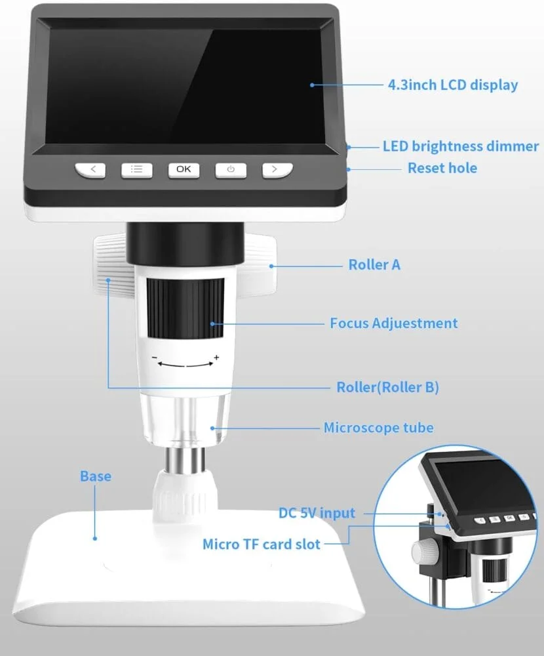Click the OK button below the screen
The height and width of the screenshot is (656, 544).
point(184,169)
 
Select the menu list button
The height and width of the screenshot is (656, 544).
point(136,169)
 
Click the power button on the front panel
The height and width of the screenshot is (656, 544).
point(231,169)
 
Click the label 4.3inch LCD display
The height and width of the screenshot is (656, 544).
point(452,85)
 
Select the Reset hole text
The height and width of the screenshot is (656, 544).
point(442,168)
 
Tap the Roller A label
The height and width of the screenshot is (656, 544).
point(374,265)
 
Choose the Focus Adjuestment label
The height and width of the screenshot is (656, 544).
point(393,323)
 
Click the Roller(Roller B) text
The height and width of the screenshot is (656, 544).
point(387,387)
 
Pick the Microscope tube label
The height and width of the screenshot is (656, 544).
point(378,428)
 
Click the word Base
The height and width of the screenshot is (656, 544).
point(96,476)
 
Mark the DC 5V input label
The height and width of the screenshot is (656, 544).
point(317,513)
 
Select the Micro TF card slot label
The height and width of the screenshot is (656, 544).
point(262,544)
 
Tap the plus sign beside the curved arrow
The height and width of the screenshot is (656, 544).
point(216,358)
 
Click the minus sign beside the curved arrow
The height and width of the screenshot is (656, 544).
point(155,358)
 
